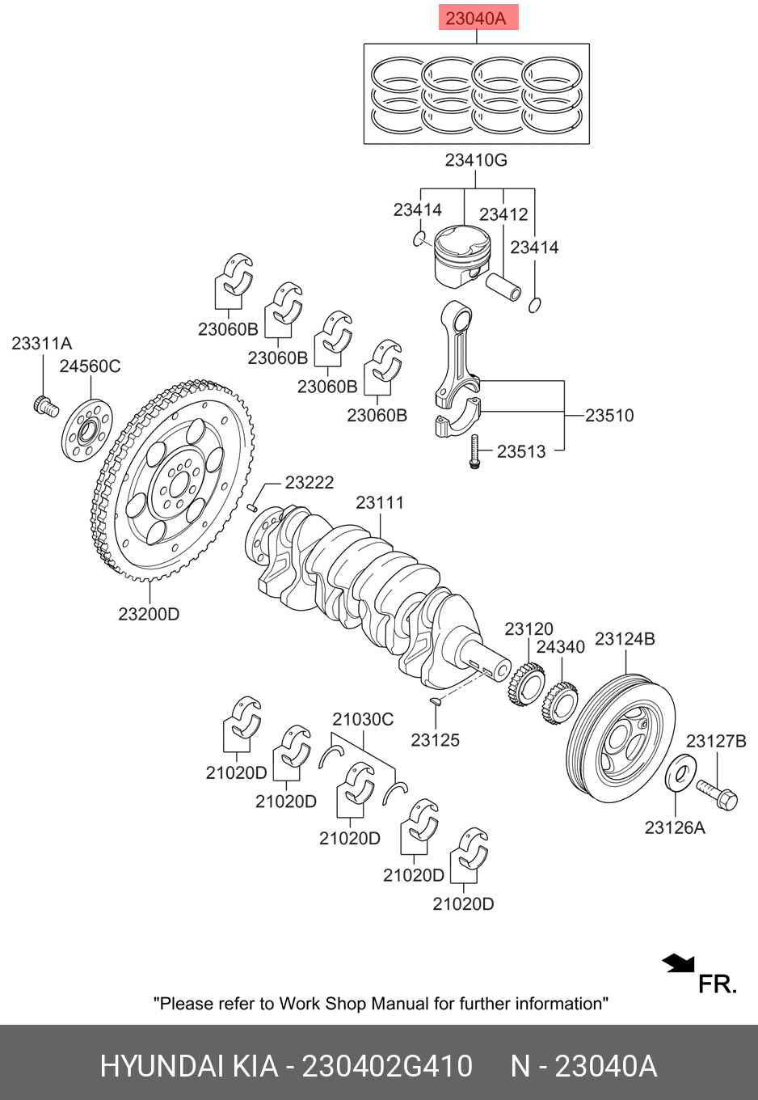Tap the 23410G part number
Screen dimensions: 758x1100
coord(476,160)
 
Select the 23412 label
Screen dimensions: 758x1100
coord(503,214)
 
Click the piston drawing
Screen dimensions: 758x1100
coord(462,256)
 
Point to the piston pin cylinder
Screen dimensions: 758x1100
coord(503,287)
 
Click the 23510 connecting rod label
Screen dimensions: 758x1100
coord(609,416)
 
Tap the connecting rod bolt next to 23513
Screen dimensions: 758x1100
coord(474,451)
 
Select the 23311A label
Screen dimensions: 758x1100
coord(42,344)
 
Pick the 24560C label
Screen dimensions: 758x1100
coord(90,366)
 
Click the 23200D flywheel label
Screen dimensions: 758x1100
coord(149,614)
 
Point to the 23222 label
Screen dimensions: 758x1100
coord(309,483)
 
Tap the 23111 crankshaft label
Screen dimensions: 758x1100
coord(380,503)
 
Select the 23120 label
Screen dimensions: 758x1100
coord(528,629)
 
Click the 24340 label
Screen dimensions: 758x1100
coord(560,647)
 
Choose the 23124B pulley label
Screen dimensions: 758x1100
coord(625,639)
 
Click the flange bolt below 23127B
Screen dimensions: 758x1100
coord(717,794)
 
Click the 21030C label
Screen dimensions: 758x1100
coord(363,719)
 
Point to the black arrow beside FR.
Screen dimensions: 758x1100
coord(678,963)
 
